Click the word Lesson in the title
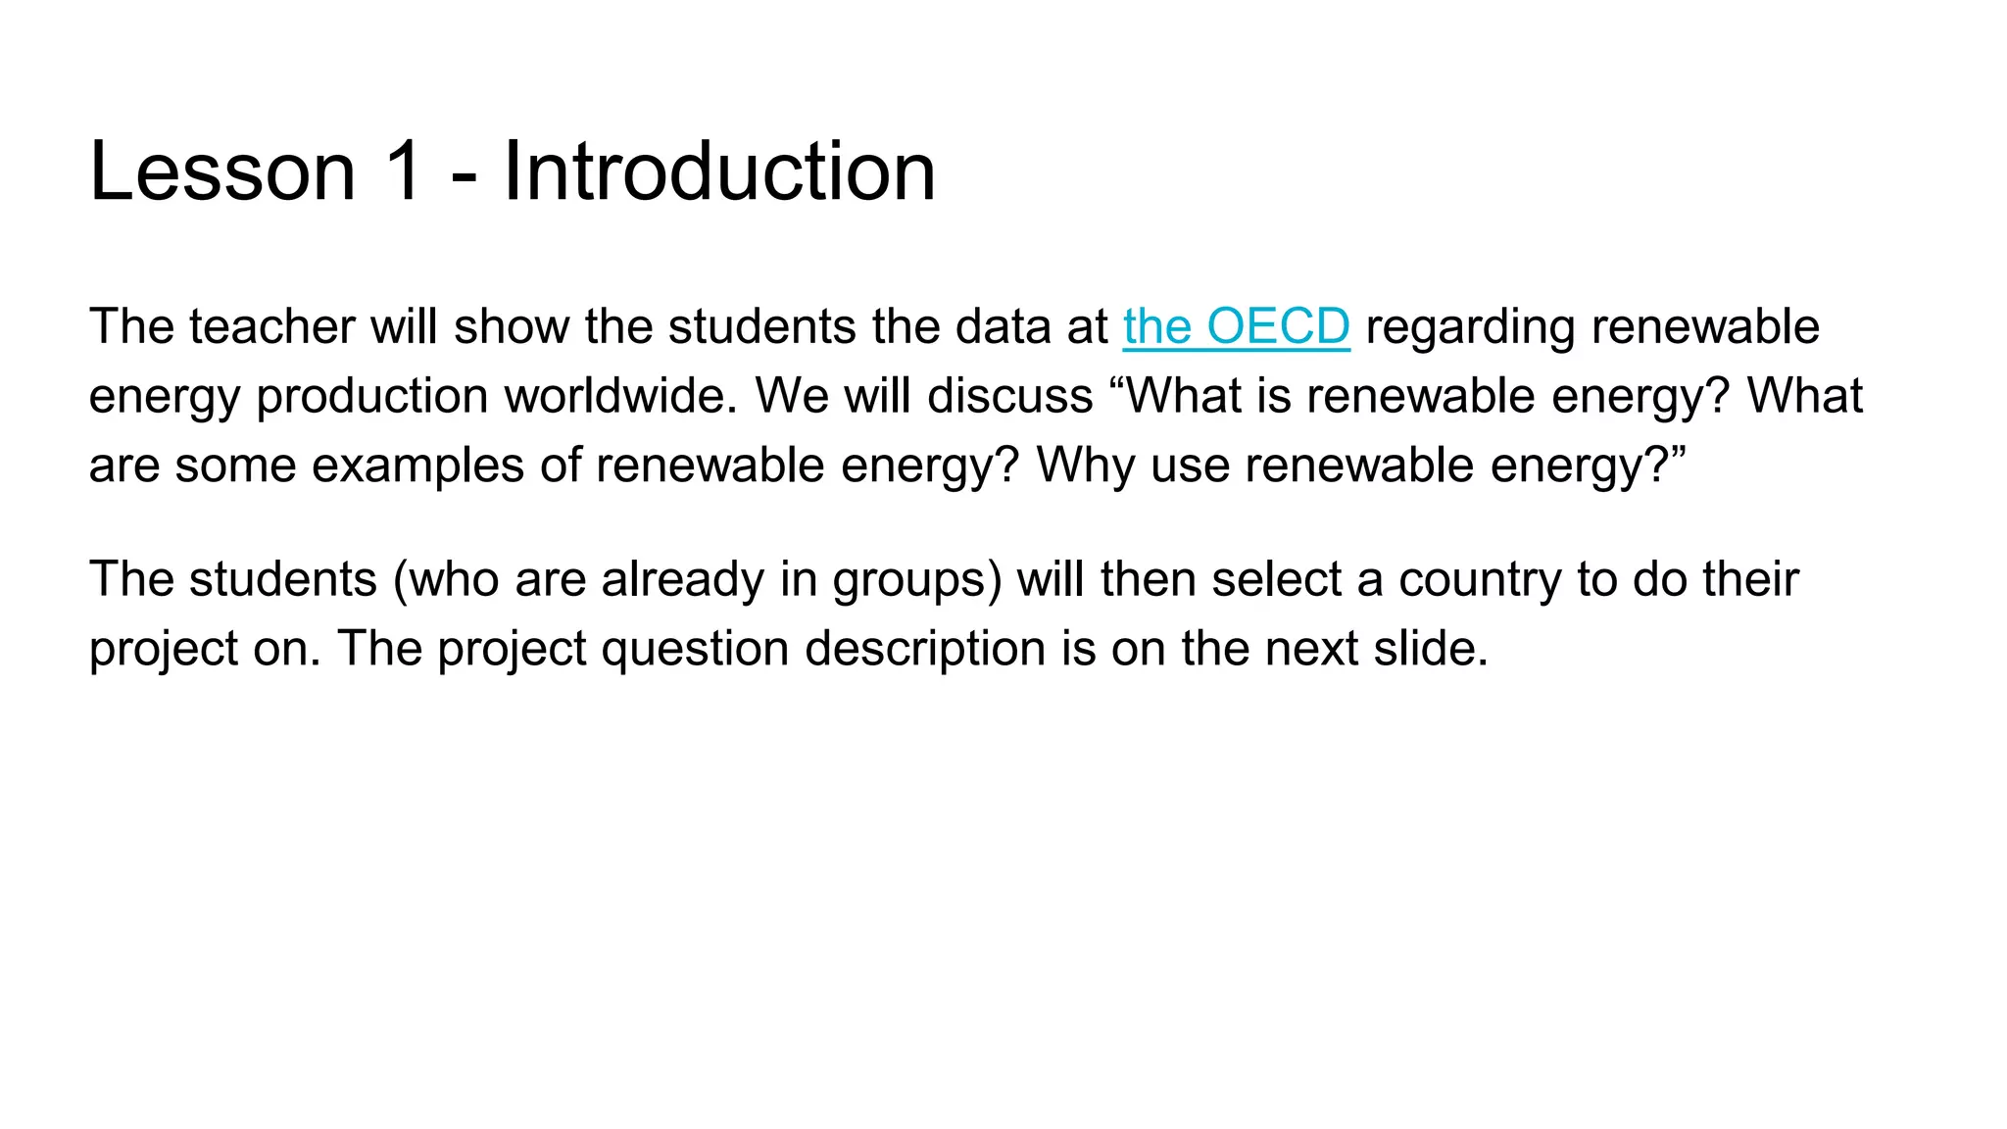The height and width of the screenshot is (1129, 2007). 222,172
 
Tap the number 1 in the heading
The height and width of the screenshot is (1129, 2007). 404,172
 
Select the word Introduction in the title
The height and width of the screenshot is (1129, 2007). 719,172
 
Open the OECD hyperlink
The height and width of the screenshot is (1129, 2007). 1236,326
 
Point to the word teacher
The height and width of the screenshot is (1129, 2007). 271,326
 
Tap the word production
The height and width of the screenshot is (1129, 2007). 372,397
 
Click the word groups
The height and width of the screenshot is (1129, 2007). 909,580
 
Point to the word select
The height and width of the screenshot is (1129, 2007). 1276,579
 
